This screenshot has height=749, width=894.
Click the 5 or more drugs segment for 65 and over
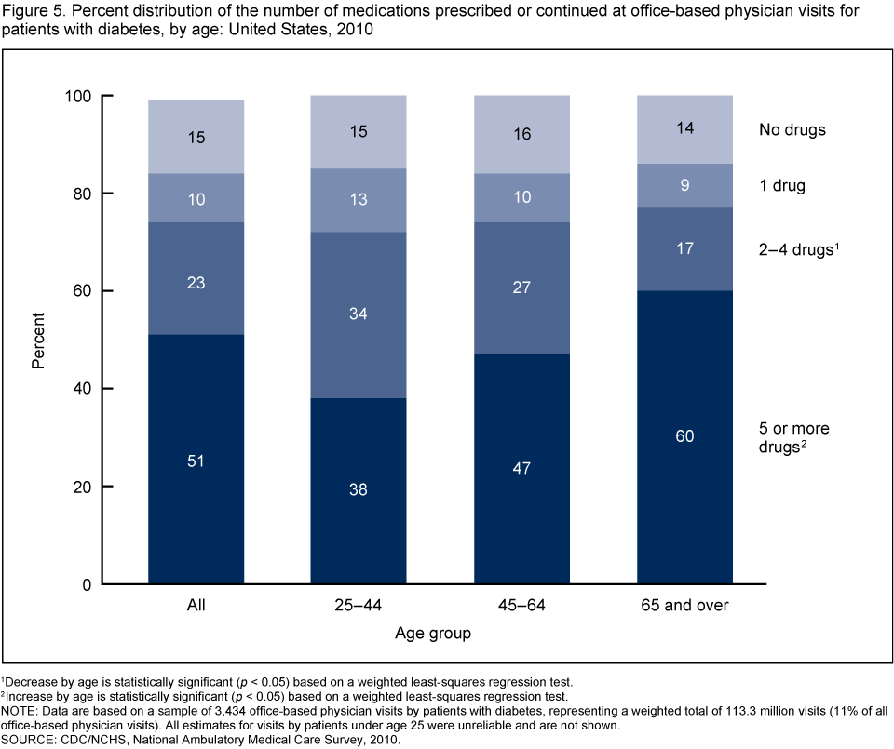point(684,484)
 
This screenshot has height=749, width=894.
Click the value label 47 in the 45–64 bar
point(522,468)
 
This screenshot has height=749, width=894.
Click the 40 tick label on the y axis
point(81,389)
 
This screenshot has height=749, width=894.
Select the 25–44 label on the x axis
point(359,606)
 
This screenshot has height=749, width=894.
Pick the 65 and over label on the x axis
point(684,606)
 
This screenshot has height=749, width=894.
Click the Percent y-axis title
point(38,340)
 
